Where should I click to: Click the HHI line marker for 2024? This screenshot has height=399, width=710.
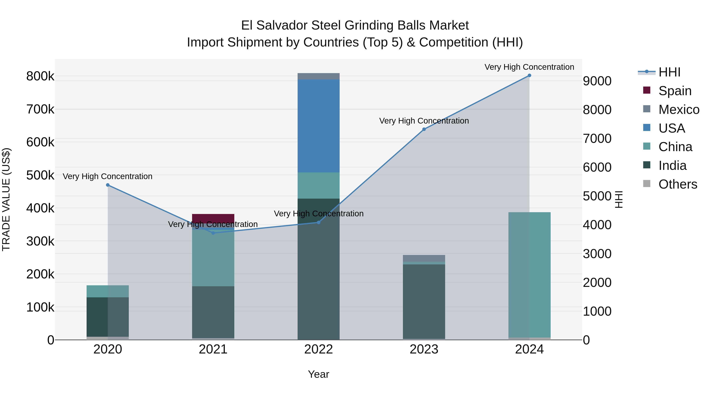[x=529, y=75]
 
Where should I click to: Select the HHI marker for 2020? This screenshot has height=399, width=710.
[x=108, y=185]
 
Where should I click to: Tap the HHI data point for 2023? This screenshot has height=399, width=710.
[x=424, y=129]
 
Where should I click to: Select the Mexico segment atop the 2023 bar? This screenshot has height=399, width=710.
[x=424, y=258]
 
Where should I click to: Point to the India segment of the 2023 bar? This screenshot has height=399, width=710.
[x=424, y=301]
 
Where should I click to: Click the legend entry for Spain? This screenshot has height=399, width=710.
[x=675, y=91]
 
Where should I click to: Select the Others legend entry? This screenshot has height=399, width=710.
[x=677, y=184]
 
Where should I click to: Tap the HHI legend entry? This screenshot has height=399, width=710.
[x=669, y=72]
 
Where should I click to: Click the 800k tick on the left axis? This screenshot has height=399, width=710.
[x=40, y=76]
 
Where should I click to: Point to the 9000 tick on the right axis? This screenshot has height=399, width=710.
[x=597, y=81]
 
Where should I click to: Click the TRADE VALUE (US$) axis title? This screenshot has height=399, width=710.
[x=6, y=199]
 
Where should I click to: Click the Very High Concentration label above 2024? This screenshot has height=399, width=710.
[x=529, y=67]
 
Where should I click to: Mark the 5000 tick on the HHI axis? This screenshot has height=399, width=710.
[x=597, y=196]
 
